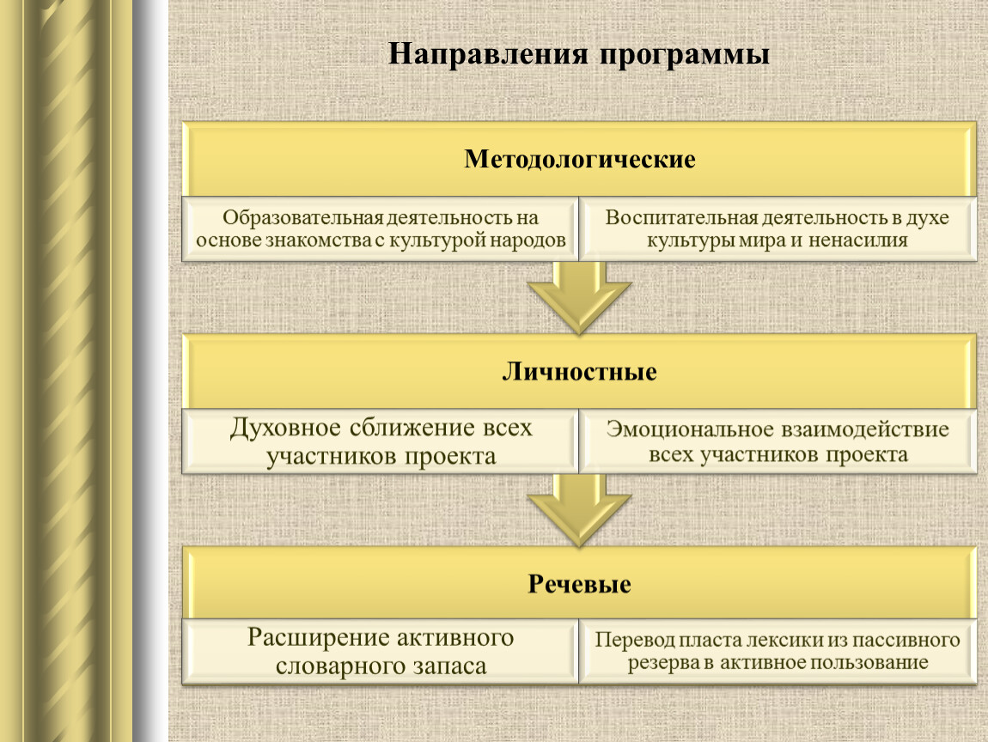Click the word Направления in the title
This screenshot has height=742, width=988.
pos(488,54)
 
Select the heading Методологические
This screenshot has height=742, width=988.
pos(580,160)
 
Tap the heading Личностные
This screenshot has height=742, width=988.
pos(579,372)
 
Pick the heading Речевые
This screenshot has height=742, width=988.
pos(579,585)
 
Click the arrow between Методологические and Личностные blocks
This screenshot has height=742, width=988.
pos(580,297)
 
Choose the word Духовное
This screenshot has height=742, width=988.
pos(285,429)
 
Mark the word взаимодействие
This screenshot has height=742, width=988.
pos(865,429)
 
